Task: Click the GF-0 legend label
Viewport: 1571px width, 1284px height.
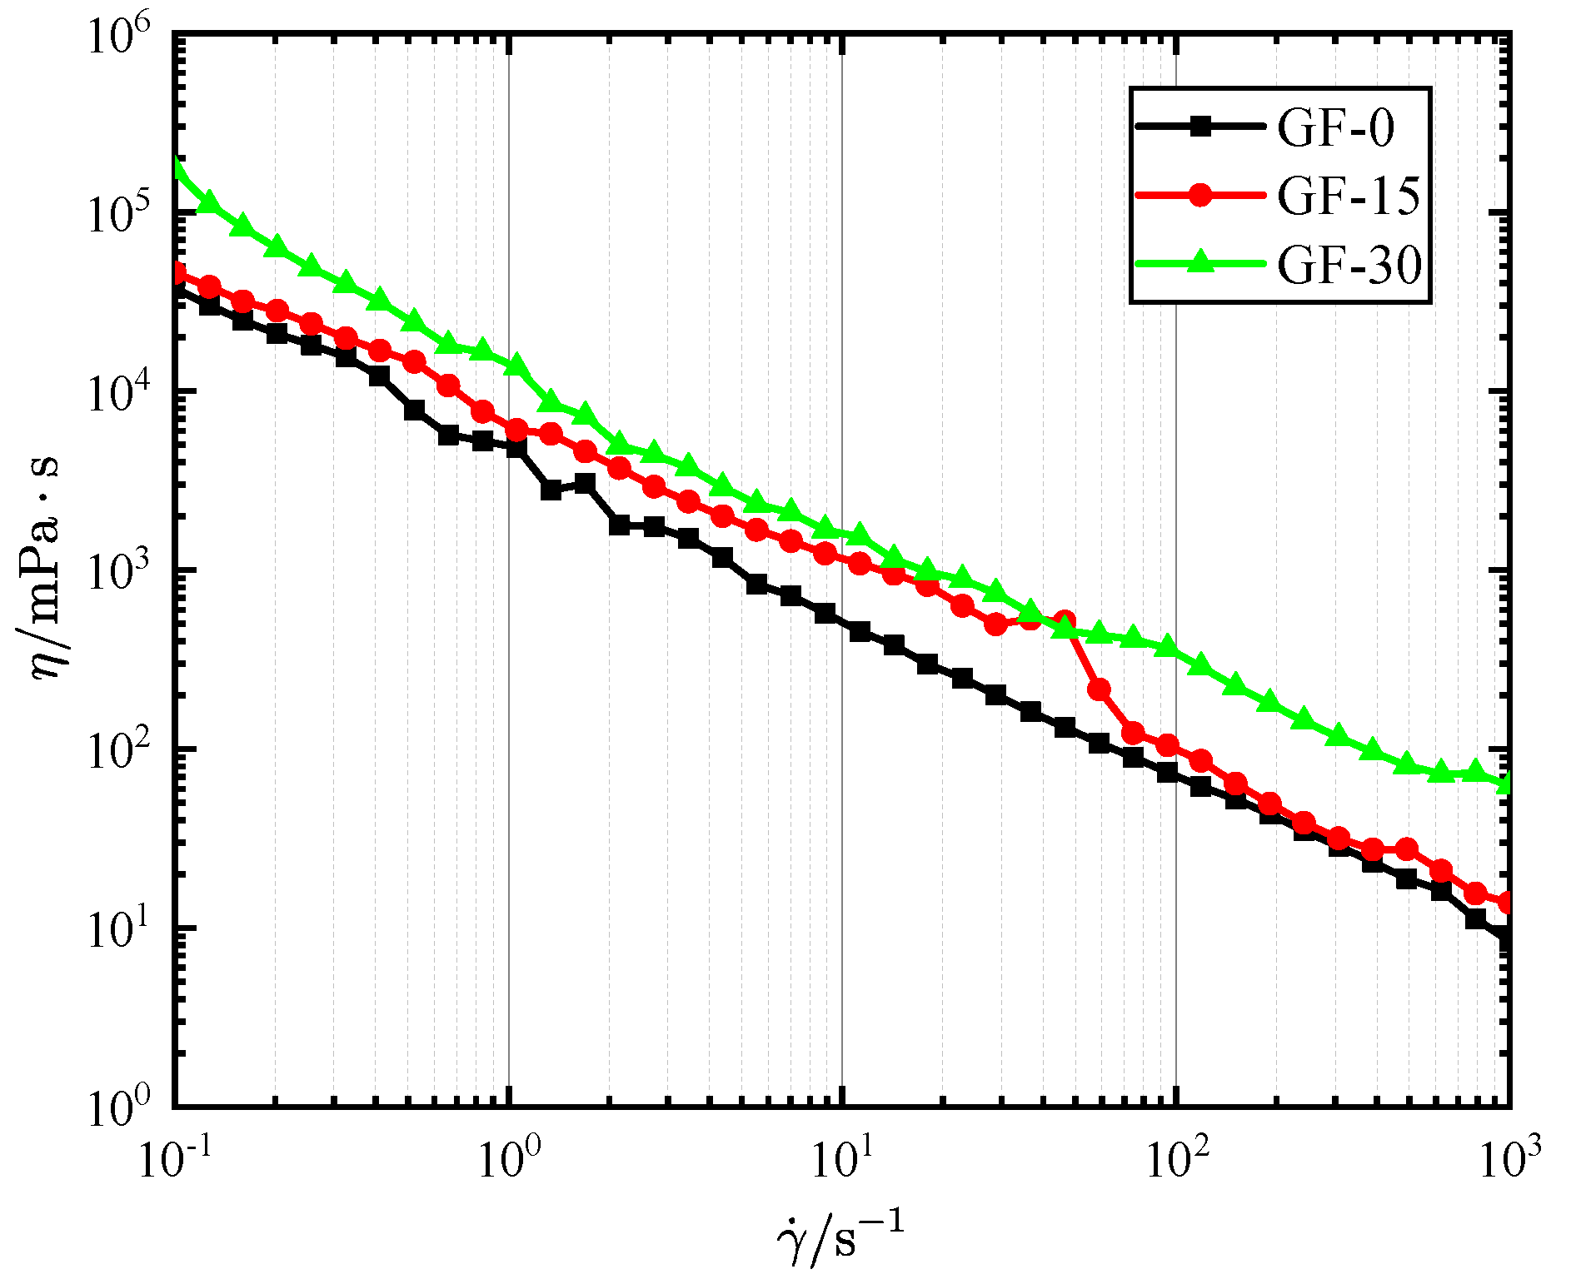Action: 1335,128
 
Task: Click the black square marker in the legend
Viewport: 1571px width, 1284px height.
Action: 1199,127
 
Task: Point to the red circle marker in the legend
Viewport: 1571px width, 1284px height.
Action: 1199,196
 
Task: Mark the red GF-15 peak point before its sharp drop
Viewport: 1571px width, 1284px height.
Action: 1065,620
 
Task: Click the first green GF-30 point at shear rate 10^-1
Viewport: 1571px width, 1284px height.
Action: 175,164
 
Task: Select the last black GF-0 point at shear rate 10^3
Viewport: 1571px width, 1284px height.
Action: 1506,938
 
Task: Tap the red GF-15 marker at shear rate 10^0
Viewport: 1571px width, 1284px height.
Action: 516,430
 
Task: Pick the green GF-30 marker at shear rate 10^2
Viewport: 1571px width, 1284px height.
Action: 1168,646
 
